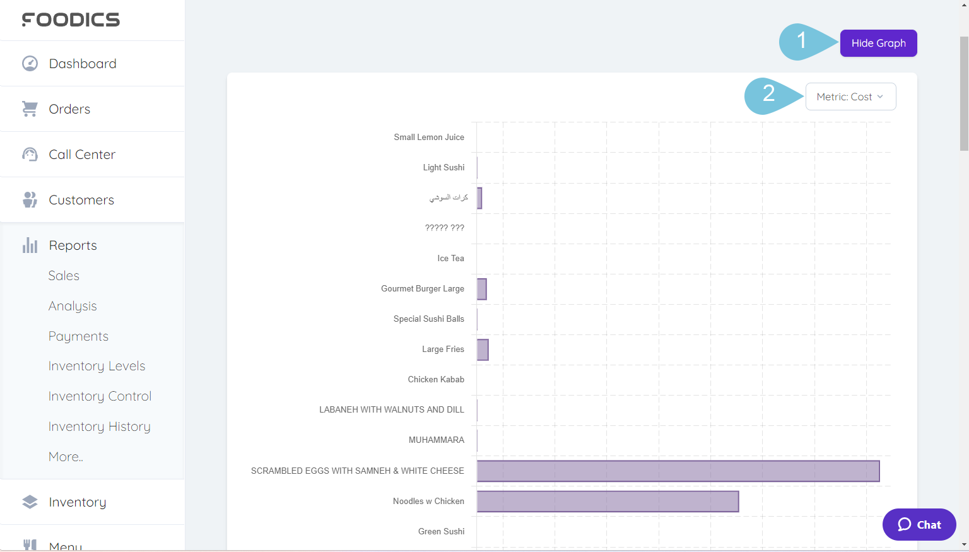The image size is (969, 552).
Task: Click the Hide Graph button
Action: (878, 44)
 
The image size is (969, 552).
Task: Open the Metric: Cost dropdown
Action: (850, 97)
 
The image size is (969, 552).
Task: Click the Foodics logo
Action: (71, 20)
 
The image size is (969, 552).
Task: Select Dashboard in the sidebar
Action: (82, 64)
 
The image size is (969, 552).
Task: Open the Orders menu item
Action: (69, 109)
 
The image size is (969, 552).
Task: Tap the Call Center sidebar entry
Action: (82, 155)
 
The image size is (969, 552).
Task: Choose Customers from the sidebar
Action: (81, 200)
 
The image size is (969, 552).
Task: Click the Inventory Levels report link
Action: (97, 366)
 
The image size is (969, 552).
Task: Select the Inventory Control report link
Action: (100, 396)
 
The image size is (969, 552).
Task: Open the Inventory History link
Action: (99, 426)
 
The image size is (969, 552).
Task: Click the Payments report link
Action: (78, 336)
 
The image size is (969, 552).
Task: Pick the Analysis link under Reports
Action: (73, 306)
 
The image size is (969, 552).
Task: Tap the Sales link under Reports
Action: (64, 276)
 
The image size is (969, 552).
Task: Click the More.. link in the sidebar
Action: (66, 457)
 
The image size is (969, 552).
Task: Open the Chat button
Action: (919, 524)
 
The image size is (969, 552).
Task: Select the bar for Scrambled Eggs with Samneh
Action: (678, 471)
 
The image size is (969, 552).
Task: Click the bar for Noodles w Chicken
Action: (608, 502)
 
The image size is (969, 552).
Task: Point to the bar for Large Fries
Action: (483, 349)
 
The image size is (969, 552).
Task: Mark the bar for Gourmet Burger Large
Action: (482, 289)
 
